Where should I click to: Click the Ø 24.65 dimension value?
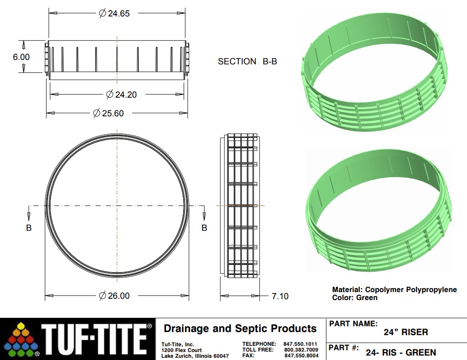click(x=114, y=13)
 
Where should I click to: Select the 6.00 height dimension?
click(x=21, y=57)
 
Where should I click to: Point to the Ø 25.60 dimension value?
click(x=108, y=113)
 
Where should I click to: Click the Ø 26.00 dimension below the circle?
click(x=114, y=296)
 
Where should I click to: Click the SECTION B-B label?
click(x=247, y=62)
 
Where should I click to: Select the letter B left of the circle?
click(x=29, y=228)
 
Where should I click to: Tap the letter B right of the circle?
click(x=204, y=228)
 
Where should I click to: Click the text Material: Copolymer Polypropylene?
click(x=394, y=289)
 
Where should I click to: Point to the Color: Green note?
click(x=354, y=297)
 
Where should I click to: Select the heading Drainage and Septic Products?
click(x=240, y=328)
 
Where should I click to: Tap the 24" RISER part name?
click(x=405, y=332)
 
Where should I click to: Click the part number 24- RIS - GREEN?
click(x=400, y=353)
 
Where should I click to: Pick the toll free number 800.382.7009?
click(x=301, y=350)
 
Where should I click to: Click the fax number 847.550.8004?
click(x=301, y=356)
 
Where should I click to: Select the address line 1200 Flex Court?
click(x=181, y=350)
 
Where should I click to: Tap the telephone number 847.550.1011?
click(x=301, y=344)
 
